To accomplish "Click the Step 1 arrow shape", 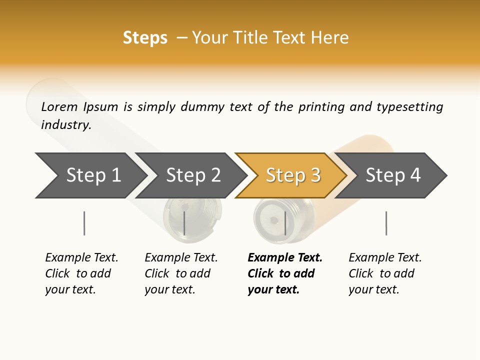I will pos(90,175).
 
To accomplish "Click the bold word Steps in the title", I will pos(145,38).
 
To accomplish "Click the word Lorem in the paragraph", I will pos(59,106).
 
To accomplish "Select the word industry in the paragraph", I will pos(65,124).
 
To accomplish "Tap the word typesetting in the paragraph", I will pos(409,107).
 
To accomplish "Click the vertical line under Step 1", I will pos(84,223).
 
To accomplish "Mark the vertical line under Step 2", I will pos(184,223).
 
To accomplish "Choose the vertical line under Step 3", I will pos(285,223).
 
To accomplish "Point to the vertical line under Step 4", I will pos(386,223).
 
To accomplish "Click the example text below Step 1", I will pos(81,273).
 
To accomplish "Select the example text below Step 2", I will pos(181,273).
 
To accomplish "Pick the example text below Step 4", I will pos(385,273).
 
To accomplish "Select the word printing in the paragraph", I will pos(321,107).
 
